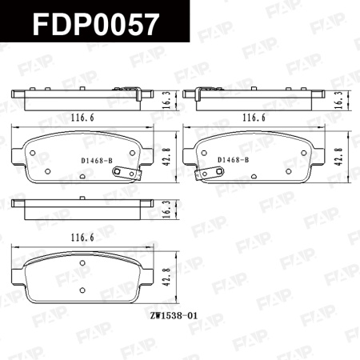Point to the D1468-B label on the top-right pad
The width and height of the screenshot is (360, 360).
point(234,160)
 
